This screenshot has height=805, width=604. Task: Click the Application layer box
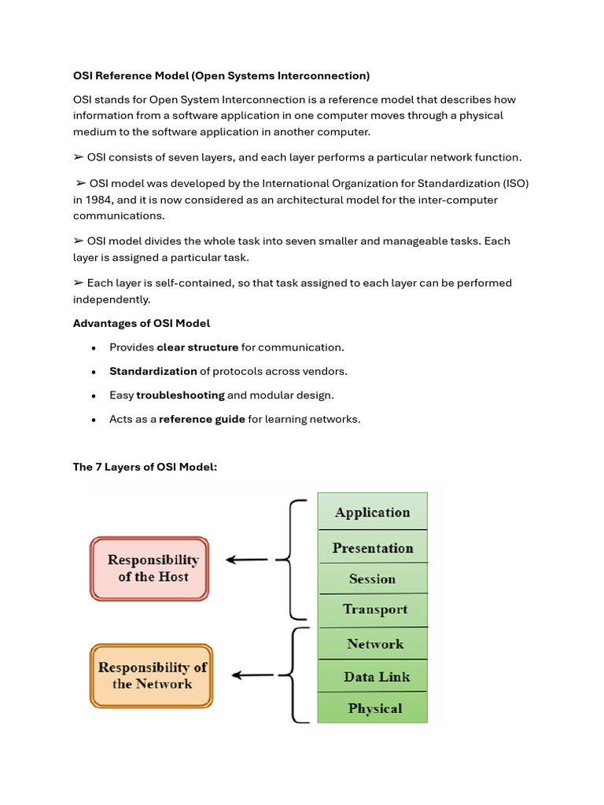pyautogui.click(x=372, y=512)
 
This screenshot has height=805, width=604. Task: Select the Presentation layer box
pyautogui.click(x=372, y=547)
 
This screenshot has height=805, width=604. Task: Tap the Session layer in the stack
pyautogui.click(x=372, y=579)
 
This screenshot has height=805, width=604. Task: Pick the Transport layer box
pyautogui.click(x=372, y=609)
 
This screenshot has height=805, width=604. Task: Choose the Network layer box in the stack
pyautogui.click(x=372, y=644)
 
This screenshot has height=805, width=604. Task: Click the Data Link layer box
pyautogui.click(x=372, y=676)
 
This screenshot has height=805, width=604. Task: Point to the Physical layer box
pyautogui.click(x=372, y=708)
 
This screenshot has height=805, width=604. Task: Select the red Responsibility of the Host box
pyautogui.click(x=149, y=568)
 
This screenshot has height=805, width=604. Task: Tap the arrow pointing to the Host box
pyautogui.click(x=246, y=560)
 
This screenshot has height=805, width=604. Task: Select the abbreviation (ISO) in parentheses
pyautogui.click(x=515, y=183)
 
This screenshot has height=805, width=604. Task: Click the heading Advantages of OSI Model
pyautogui.click(x=142, y=323)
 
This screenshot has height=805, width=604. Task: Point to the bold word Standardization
pyautogui.click(x=153, y=371)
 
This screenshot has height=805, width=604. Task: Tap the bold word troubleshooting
pyautogui.click(x=180, y=395)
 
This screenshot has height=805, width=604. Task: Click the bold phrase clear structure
pyautogui.click(x=197, y=347)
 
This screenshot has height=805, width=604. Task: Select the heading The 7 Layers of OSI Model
pyautogui.click(x=145, y=467)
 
